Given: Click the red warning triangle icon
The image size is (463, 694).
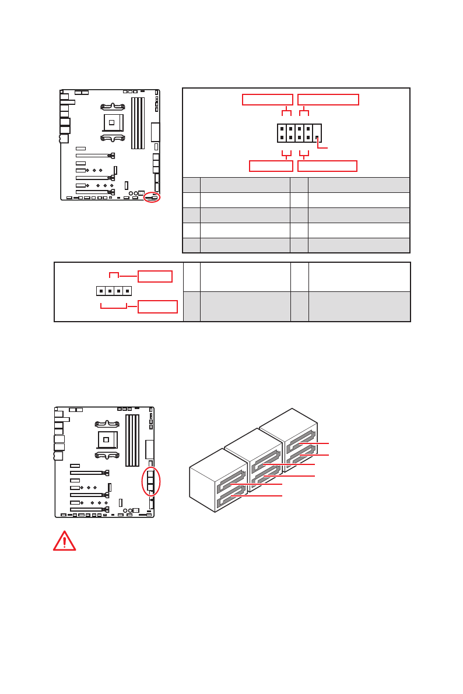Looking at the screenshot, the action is pos(64,541).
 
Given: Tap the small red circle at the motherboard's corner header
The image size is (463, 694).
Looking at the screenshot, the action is pos(153,197).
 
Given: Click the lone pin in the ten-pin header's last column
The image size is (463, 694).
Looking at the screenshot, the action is pos(317,138).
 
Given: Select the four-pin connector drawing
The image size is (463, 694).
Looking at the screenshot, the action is pos(113,290).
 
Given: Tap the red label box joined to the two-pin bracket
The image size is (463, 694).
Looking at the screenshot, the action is pos(155,276).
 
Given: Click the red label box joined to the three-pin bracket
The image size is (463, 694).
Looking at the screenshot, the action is pos(157,307).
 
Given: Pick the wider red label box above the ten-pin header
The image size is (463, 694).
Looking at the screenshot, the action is pos(328,100).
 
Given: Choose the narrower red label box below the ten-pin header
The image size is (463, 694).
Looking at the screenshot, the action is pos(271,166).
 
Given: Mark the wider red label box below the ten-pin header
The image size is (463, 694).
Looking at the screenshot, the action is pos(327,166).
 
